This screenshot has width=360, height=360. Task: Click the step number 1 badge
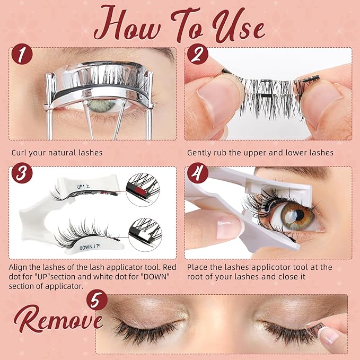point(22,54)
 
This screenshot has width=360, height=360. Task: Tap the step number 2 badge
point(197,54)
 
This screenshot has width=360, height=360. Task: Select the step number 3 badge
point(22,173)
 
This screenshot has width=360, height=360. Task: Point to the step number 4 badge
point(197,173)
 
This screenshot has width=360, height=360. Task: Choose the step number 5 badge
point(97,300)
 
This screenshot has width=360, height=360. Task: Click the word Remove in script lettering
point(58,319)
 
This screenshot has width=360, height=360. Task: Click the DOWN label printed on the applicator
point(86,248)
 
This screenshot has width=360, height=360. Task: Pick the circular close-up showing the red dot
point(143,189)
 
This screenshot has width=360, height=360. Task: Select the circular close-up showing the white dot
point(145,234)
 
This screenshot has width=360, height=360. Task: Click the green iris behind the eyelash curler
point(102,106)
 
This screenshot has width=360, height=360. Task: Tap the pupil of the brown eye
point(300,215)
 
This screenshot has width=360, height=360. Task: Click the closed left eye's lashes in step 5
point(147,331)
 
